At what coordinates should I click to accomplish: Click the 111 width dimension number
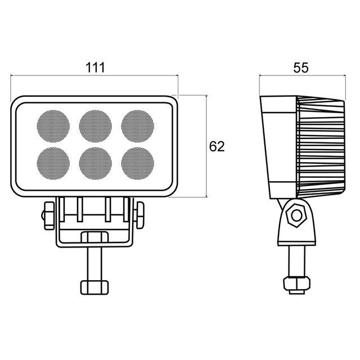click(x=95, y=67)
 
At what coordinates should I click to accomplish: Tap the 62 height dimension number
click(x=217, y=146)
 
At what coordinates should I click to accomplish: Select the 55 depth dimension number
click(x=301, y=67)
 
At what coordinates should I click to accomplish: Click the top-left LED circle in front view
click(x=53, y=126)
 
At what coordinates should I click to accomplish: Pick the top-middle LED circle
click(x=96, y=126)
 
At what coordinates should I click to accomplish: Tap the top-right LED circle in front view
click(x=137, y=126)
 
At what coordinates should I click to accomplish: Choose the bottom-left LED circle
click(x=53, y=164)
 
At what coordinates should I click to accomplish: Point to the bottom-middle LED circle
click(x=96, y=164)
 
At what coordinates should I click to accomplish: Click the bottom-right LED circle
click(x=137, y=164)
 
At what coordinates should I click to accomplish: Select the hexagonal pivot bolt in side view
click(x=296, y=215)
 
